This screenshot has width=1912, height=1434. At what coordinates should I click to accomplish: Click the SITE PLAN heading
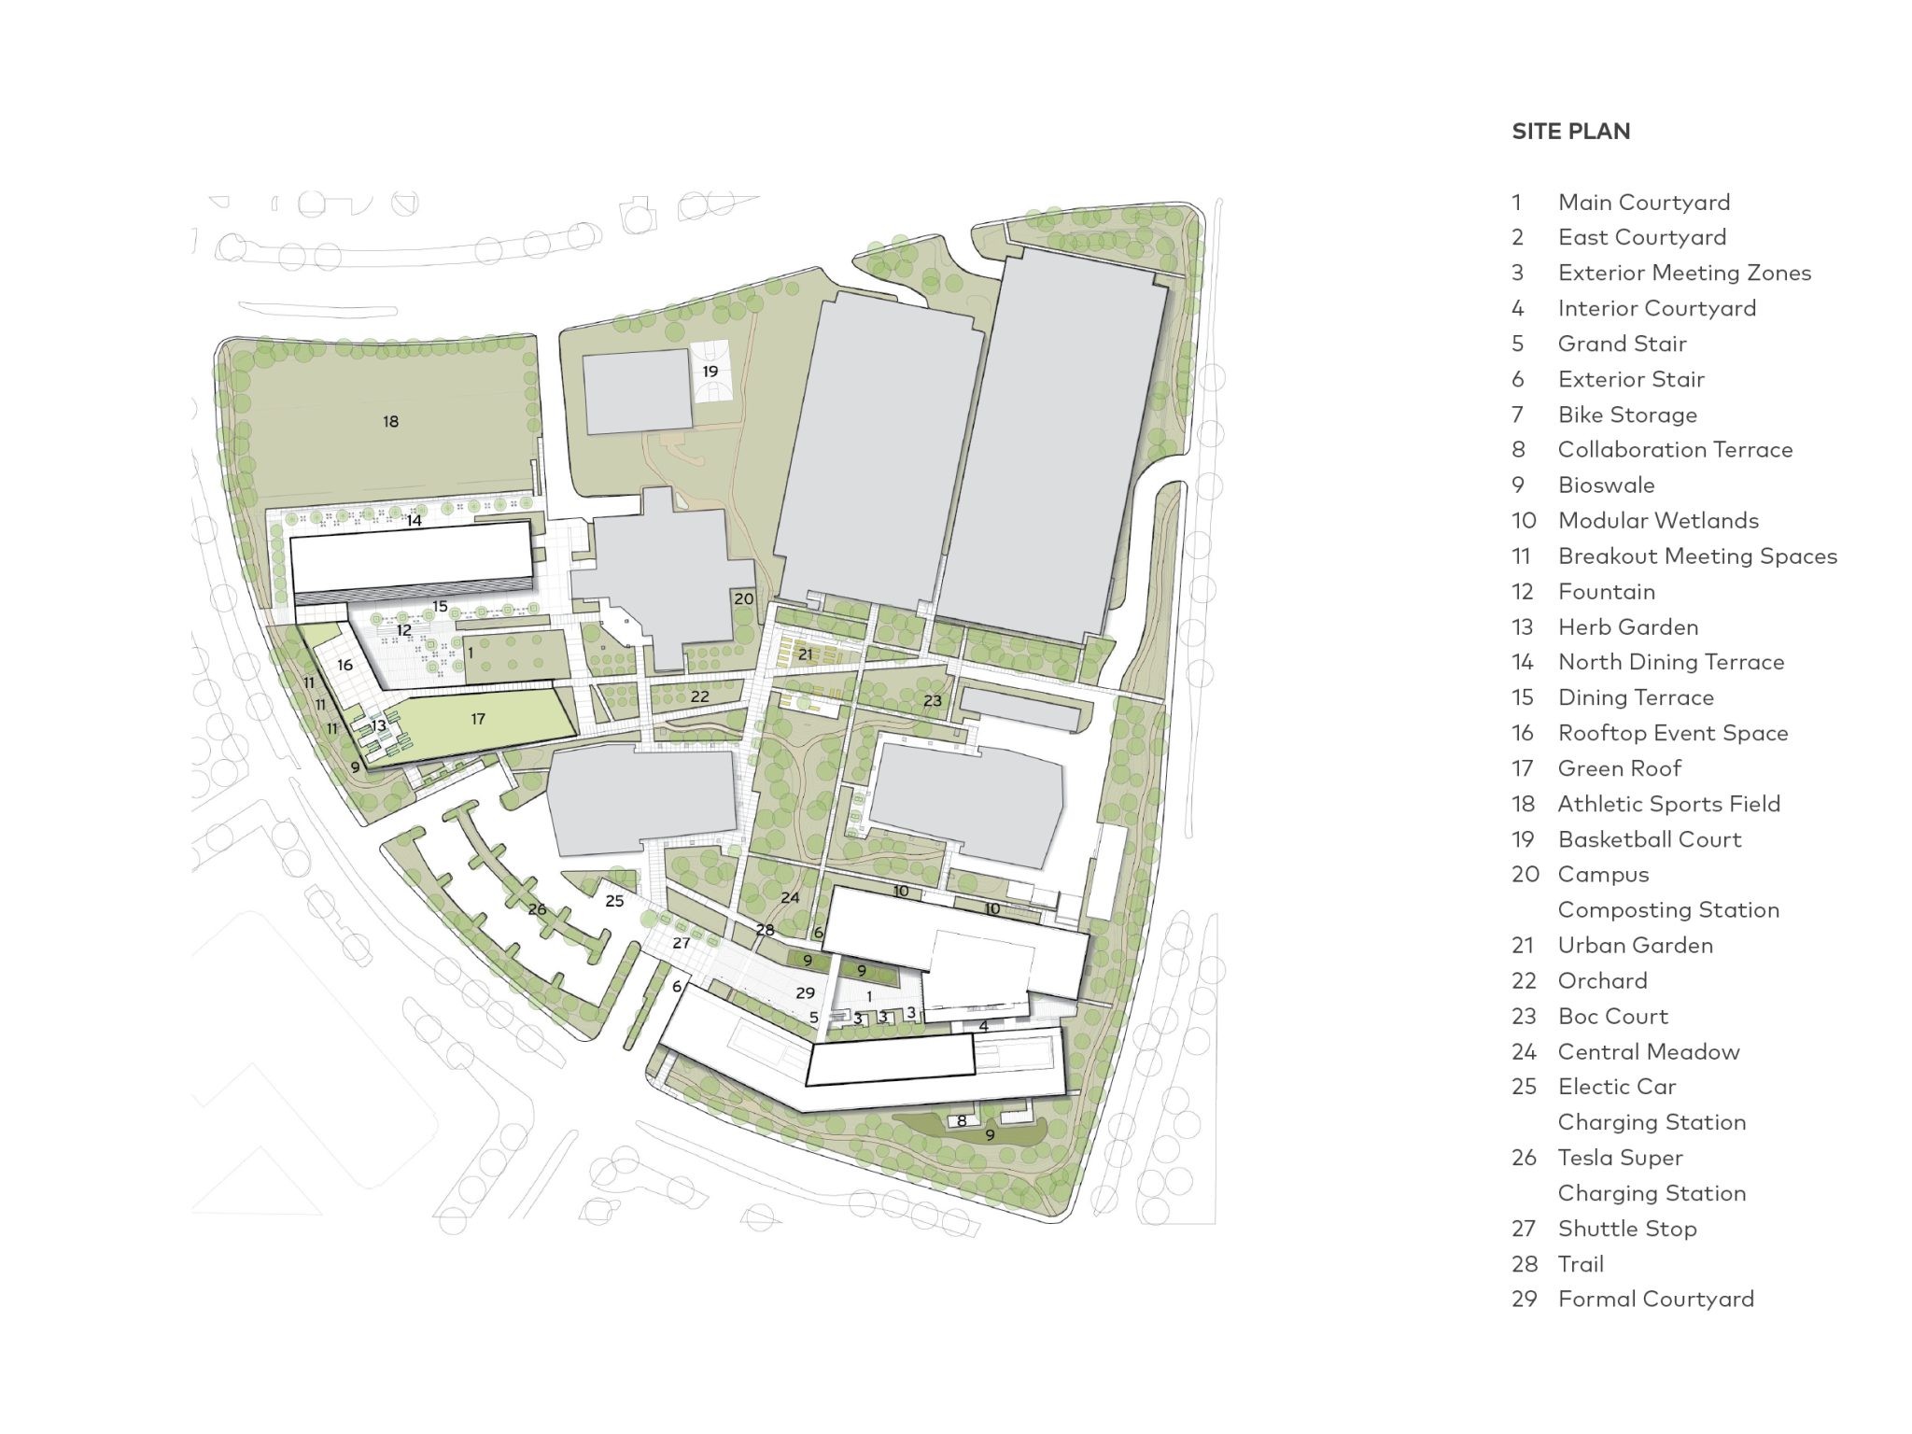pos(1570,132)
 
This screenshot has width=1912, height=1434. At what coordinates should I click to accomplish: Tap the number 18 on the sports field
pos(390,422)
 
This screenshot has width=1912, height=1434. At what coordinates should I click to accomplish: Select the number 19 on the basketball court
pos(710,372)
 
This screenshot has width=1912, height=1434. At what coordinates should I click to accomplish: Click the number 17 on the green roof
pos(478,719)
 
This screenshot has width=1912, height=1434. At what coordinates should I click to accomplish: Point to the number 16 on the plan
pos(345,666)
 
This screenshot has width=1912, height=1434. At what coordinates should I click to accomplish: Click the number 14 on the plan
pos(414,521)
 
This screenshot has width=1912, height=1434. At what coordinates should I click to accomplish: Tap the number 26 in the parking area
pos(537,908)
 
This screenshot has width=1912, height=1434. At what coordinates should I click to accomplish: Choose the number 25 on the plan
pos(614,901)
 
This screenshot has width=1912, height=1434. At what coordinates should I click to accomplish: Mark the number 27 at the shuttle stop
pos(682,943)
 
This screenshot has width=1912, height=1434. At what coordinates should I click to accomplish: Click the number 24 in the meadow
pos(790,897)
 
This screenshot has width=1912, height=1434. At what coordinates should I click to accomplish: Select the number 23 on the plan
pos(933,700)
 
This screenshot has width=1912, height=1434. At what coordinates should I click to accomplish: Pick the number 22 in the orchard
pos(699,696)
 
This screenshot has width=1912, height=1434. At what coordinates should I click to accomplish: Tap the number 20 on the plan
pos(743,599)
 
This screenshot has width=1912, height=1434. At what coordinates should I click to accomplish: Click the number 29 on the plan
pos(805,992)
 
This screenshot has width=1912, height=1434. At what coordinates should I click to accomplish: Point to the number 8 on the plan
pos(962,1120)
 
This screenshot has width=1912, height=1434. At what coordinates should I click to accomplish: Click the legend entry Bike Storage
pos(1627,415)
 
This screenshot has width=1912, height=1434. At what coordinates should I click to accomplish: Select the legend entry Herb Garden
pos(1627,626)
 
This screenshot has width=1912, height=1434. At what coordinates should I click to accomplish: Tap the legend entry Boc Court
pos(1612,1016)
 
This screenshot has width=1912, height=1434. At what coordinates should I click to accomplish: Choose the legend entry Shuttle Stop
pos(1626,1229)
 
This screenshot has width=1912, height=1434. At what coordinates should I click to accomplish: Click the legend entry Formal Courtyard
pos(1655,1299)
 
